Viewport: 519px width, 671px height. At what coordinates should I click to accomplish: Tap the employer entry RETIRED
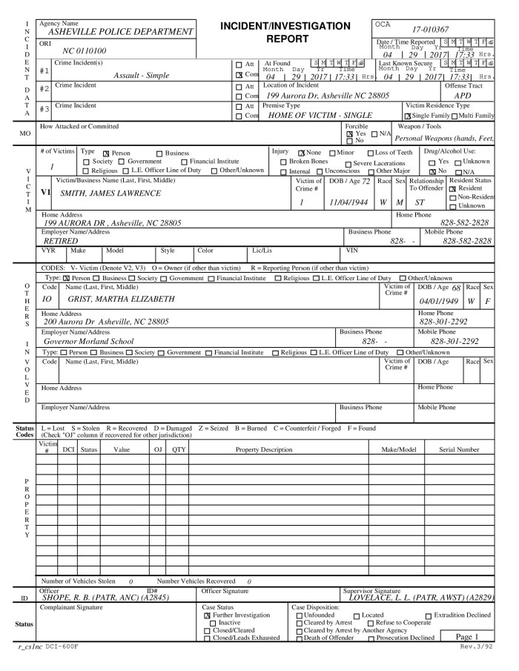(59, 262)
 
